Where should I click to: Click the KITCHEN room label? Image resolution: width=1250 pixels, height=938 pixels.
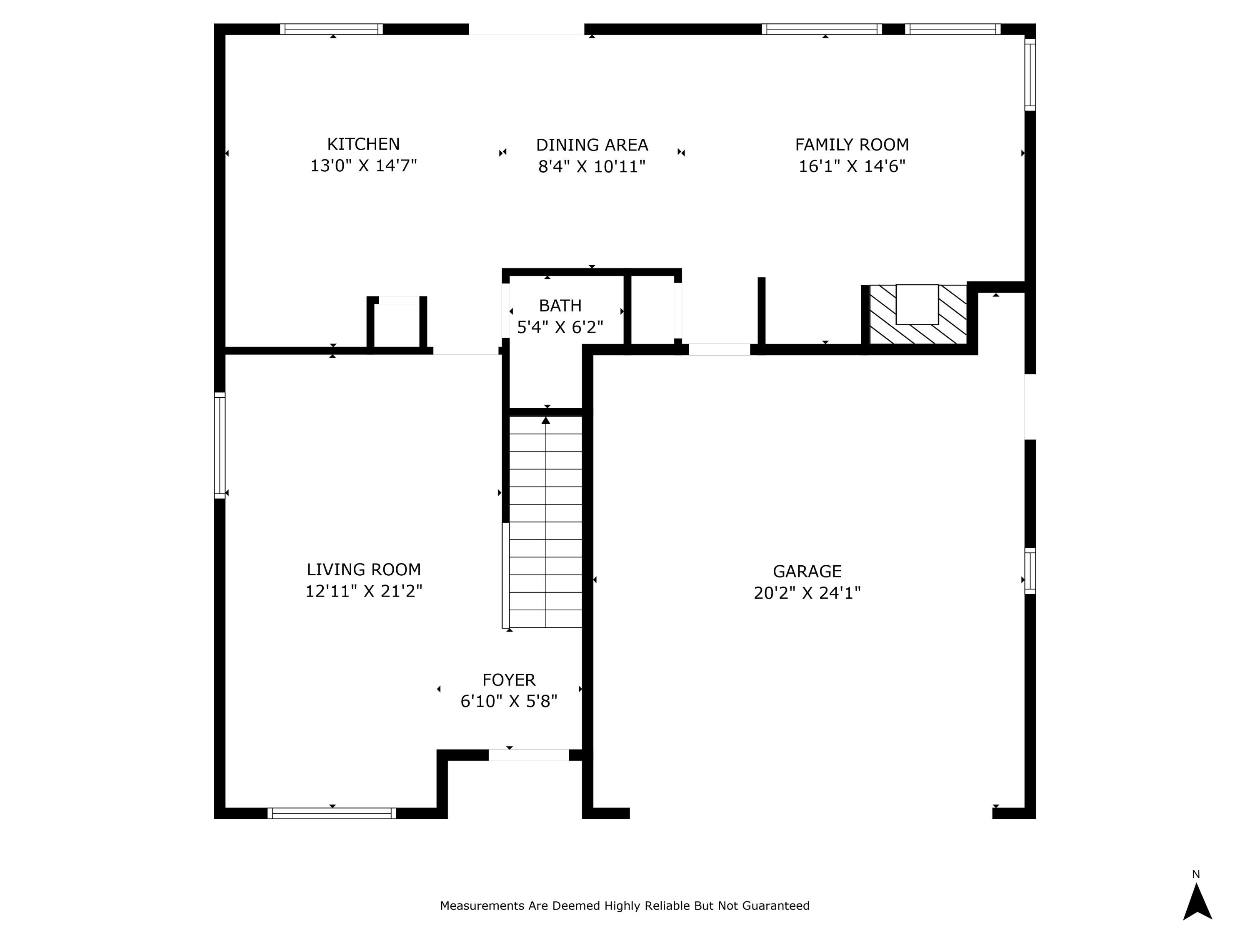(x=363, y=144)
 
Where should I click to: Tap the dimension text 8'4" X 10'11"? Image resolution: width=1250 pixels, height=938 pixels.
(x=592, y=167)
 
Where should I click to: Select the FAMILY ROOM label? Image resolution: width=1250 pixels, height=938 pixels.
(x=852, y=145)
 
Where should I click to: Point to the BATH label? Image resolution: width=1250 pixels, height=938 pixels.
(x=560, y=306)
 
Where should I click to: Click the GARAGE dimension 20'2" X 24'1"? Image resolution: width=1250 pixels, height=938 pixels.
(x=807, y=593)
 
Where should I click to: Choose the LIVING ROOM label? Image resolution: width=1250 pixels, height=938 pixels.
(x=363, y=569)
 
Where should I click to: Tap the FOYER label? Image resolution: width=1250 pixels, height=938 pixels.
(x=509, y=680)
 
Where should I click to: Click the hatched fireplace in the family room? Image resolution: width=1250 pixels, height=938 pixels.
(x=917, y=314)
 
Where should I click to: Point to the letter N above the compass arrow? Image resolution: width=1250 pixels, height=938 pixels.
(x=1196, y=874)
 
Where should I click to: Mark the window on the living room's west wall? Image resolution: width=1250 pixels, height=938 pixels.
(x=220, y=446)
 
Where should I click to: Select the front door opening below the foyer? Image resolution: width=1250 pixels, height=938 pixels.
(x=528, y=755)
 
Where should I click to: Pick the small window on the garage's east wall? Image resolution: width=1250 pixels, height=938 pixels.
(x=1030, y=571)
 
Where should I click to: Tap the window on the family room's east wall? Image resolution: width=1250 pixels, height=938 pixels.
(x=1030, y=75)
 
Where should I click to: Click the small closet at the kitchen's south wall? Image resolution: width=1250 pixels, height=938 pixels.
(x=397, y=325)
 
